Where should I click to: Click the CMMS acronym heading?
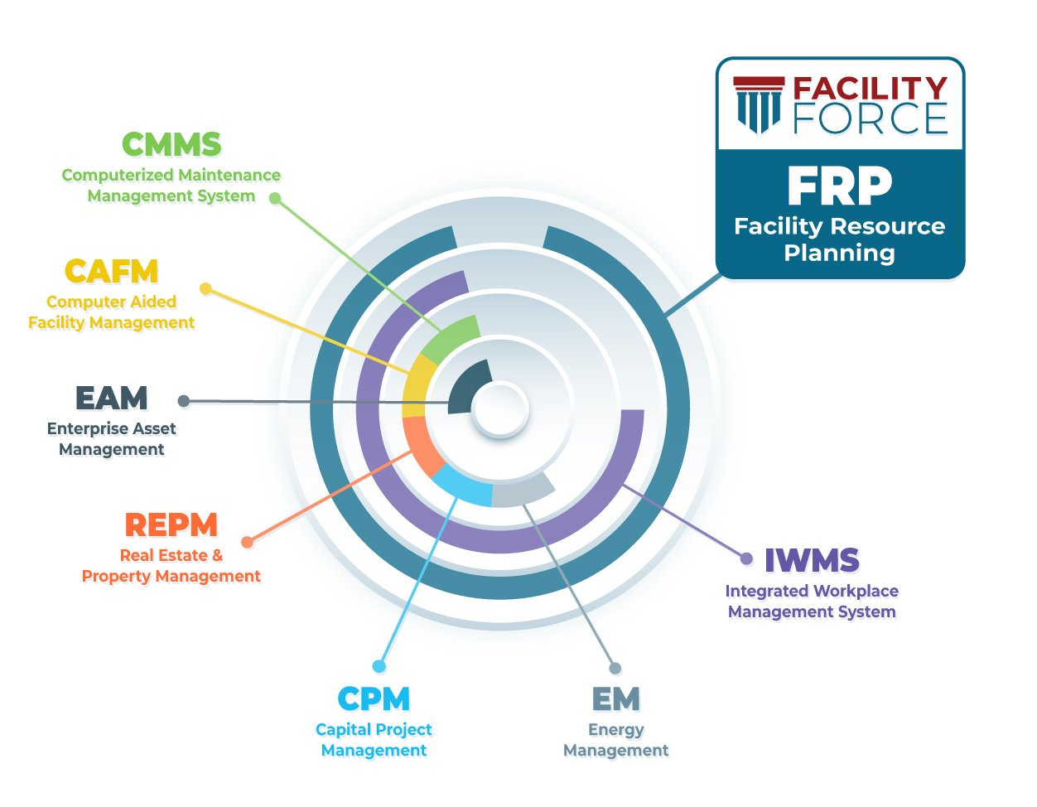[171, 145]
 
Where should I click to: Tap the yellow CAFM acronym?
[111, 272]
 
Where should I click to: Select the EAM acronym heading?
[111, 399]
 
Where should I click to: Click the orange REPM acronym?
[171, 525]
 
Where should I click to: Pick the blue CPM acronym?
[374, 699]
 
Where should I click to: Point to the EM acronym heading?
[615, 699]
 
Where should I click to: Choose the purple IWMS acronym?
[812, 561]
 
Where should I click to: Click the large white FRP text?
[839, 186]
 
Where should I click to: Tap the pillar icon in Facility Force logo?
[759, 104]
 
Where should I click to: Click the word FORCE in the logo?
[870, 119]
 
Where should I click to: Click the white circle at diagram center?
[500, 408]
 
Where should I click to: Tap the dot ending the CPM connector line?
[379, 666]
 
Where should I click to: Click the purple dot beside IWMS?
[746, 558]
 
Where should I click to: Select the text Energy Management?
[615, 740]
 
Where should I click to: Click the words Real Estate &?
[171, 555]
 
